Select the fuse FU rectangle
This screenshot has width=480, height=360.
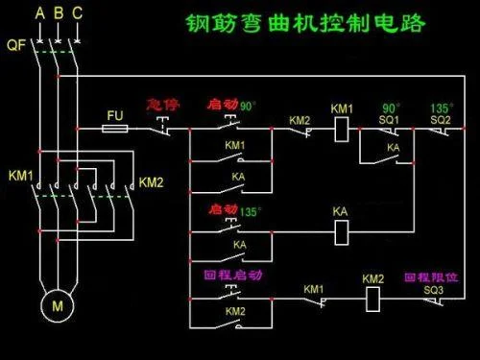[115, 129]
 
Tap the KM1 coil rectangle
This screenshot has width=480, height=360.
[342, 130]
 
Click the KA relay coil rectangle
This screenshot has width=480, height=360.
[342, 232]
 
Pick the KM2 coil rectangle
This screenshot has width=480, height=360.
[372, 300]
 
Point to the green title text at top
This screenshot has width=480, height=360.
[305, 23]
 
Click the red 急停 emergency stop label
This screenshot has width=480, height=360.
[163, 105]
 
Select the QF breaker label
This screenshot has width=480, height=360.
[16, 45]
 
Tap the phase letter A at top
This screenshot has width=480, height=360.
[39, 13]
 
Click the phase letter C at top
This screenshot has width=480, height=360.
[77, 13]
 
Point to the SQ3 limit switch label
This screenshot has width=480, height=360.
[434, 290]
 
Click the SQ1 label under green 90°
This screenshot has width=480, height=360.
[389, 120]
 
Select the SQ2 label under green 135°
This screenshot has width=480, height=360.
[441, 120]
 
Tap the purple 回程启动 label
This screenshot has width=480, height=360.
[233, 275]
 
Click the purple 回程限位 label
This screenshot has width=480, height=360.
[431, 277]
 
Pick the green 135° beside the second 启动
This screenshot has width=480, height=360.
[251, 211]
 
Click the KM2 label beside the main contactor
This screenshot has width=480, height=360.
[151, 182]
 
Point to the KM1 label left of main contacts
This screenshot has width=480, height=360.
[21, 176]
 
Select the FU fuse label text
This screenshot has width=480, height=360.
[115, 115]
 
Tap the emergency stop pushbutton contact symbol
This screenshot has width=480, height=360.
[163, 127]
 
